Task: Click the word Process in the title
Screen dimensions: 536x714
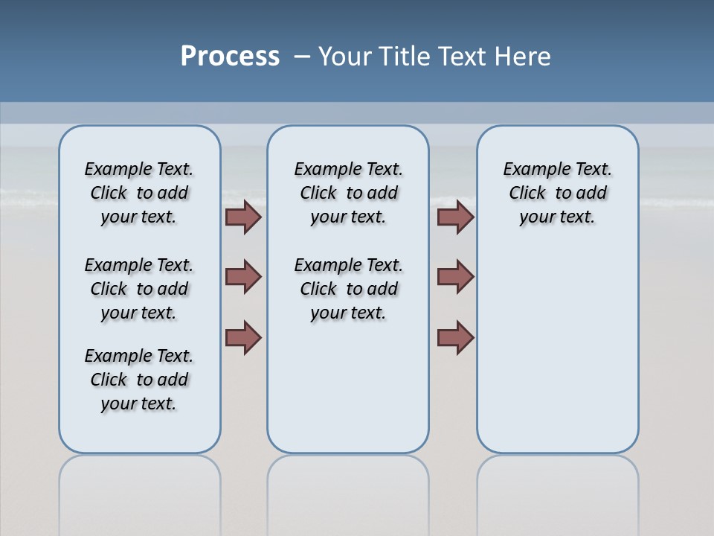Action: pos(230,57)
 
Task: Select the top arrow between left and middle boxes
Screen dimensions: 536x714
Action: pos(243,217)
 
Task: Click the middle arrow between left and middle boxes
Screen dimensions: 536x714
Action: pos(243,277)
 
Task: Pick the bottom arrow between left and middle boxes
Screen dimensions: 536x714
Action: pos(243,337)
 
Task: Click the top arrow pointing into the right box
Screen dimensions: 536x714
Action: pos(455,217)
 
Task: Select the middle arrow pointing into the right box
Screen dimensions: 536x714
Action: pos(455,277)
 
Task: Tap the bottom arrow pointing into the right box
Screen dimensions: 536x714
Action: pos(455,337)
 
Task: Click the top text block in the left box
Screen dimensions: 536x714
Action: pos(139,193)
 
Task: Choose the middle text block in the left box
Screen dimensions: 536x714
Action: pos(139,289)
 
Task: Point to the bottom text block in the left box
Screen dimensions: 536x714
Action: pos(139,380)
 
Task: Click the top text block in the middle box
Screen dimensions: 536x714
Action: pos(348,193)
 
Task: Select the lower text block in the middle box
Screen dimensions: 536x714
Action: pos(348,289)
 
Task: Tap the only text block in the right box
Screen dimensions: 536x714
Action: pos(557,193)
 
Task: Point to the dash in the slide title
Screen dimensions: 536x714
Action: pos(302,57)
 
